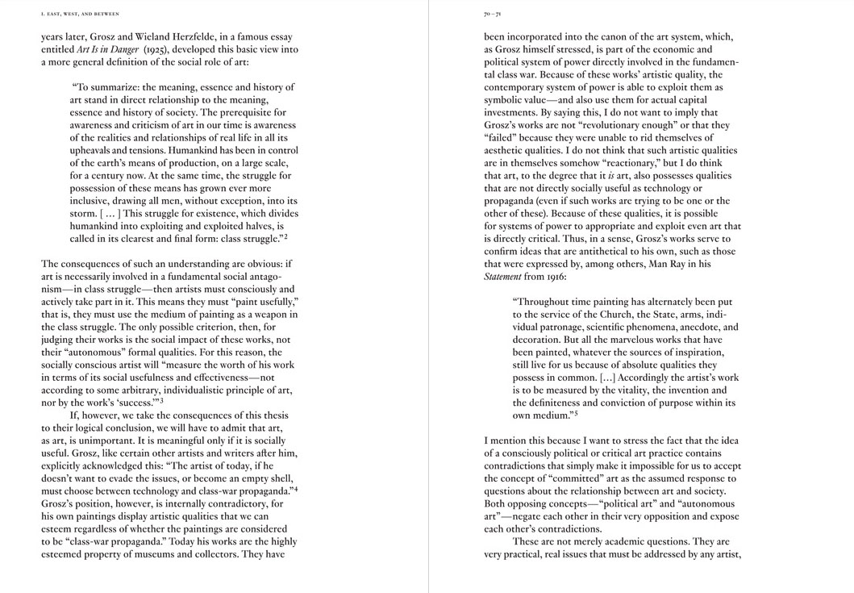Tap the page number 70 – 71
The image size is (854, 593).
tap(493, 14)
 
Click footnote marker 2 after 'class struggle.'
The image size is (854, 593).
tap(285, 237)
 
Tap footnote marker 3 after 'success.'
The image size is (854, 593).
tap(161, 400)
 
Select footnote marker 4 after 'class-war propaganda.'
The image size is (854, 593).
tap(296, 488)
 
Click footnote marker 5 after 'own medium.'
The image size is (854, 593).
tap(576, 414)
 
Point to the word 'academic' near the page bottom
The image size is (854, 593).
tap(630, 541)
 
